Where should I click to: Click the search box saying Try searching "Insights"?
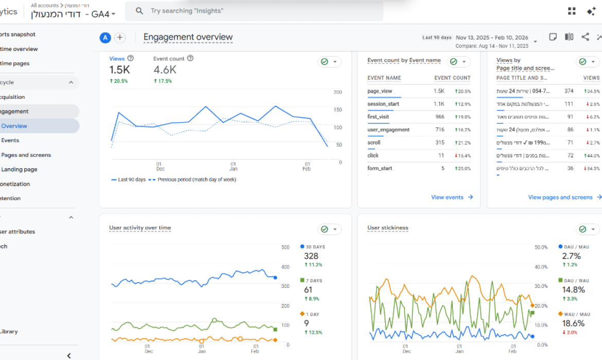(x=254, y=11)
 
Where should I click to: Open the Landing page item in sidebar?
(x=19, y=169)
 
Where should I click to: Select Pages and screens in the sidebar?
(x=26, y=155)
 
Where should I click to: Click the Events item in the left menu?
(x=10, y=140)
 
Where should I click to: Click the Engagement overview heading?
(x=188, y=37)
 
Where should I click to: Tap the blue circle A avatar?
(x=105, y=38)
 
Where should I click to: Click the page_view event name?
(x=380, y=91)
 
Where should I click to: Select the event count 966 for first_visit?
(x=439, y=117)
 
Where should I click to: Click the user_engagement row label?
(x=388, y=130)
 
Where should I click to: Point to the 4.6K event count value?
(x=165, y=70)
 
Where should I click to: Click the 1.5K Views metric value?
(x=119, y=70)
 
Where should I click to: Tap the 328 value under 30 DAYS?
(x=311, y=256)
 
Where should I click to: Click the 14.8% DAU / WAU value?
(x=574, y=290)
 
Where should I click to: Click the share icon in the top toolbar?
(x=585, y=37)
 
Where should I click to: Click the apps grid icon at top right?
(x=572, y=11)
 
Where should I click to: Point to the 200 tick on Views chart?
(x=338, y=92)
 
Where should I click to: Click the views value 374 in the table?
(x=569, y=91)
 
